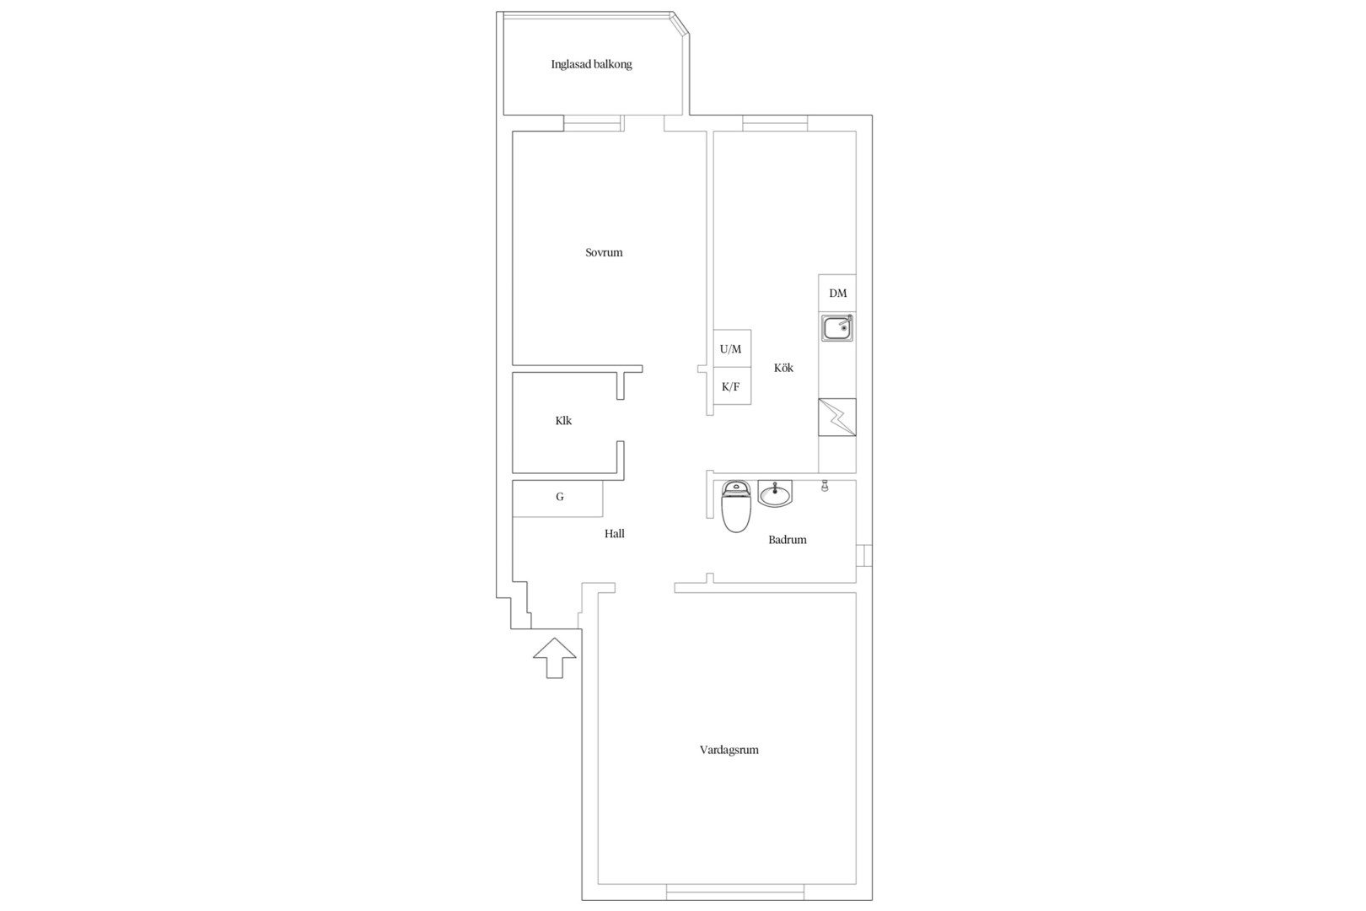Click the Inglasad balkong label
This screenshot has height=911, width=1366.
(x=592, y=65)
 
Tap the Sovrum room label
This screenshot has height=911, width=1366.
(x=604, y=252)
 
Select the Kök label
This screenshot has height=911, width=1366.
(x=783, y=367)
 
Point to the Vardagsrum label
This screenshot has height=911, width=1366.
(x=729, y=750)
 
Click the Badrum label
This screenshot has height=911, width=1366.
(x=788, y=539)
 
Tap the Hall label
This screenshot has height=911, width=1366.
(x=615, y=533)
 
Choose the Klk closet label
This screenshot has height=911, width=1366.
(x=563, y=420)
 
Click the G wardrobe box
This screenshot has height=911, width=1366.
(x=558, y=499)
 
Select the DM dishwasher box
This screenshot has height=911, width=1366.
(x=837, y=293)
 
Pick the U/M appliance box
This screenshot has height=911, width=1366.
(x=732, y=348)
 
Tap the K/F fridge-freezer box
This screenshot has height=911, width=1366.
(x=732, y=385)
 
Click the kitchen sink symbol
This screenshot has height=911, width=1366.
(x=837, y=328)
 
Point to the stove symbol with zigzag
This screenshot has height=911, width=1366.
(x=837, y=418)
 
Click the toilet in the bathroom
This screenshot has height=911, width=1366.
(x=736, y=506)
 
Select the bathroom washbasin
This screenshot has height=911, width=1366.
(x=776, y=493)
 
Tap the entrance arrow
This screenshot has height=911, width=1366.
(x=554, y=658)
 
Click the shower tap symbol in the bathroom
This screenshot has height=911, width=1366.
(x=825, y=486)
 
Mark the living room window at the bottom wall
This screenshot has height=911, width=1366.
(x=734, y=892)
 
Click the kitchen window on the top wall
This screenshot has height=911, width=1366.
(x=775, y=123)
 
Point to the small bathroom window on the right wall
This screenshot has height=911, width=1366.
(x=864, y=555)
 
